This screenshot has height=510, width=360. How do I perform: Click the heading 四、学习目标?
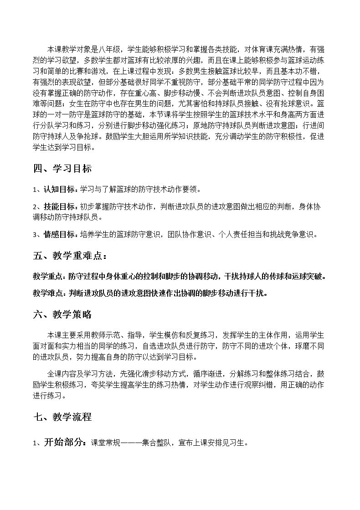[62, 169]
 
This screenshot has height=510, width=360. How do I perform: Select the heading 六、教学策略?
[62, 314]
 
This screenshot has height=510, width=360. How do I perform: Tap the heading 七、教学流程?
[62, 417]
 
